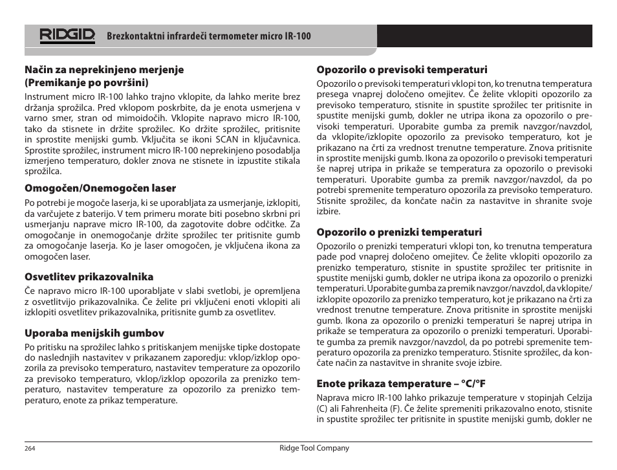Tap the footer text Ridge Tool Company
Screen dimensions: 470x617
314,448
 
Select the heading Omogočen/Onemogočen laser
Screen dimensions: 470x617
100,188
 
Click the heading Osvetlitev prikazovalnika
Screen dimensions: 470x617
89,277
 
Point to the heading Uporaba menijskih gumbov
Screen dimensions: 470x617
94,333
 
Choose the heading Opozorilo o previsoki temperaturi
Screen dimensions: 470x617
402,70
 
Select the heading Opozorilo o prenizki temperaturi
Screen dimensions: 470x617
399,232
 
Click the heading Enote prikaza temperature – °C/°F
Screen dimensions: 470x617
401,383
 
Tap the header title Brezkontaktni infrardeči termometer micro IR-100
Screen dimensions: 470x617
209,36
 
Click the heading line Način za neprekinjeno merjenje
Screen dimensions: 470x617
104,70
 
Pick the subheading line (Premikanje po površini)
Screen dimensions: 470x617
87,83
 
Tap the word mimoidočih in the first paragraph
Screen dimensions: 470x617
149,118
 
